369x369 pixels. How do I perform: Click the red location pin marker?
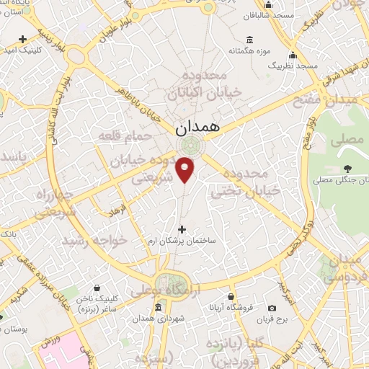[x=186, y=169]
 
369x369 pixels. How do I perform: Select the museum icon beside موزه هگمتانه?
[x=249, y=40]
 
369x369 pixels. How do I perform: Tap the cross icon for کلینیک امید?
[x=23, y=39]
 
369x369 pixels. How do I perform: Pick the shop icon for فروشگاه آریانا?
[x=230, y=296]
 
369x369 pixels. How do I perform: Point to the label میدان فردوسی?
[x=343, y=267]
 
